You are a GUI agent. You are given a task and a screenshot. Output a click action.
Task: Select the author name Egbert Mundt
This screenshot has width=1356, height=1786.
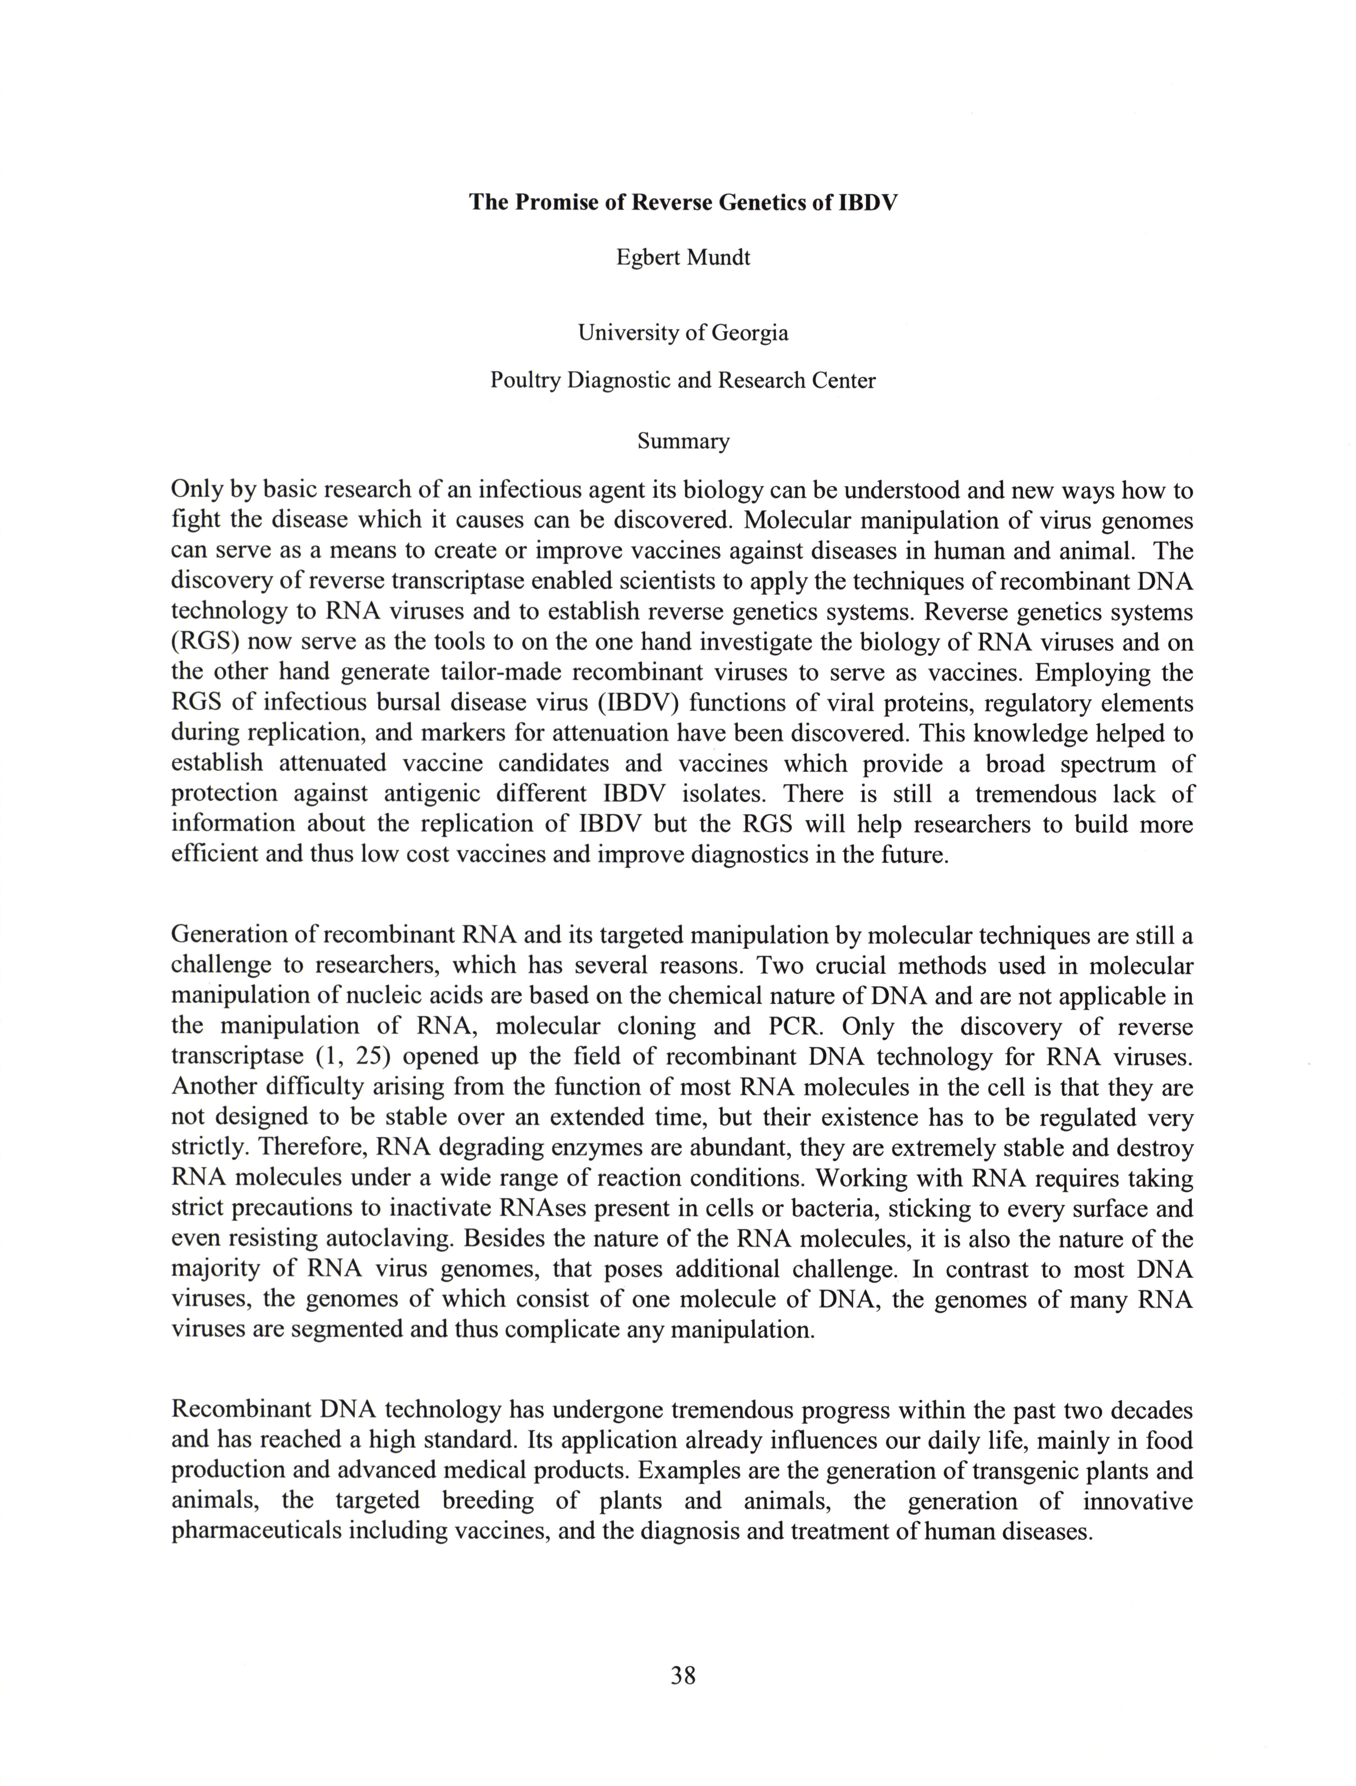tap(683, 258)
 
